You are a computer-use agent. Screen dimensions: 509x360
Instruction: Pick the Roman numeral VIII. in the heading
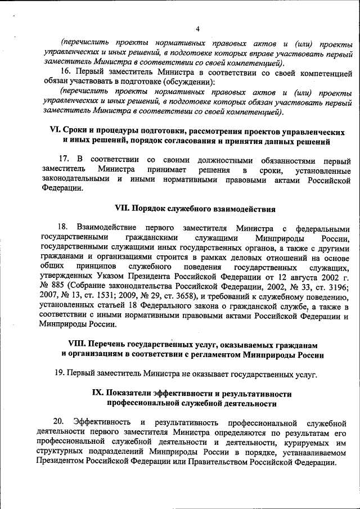point(77,344)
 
